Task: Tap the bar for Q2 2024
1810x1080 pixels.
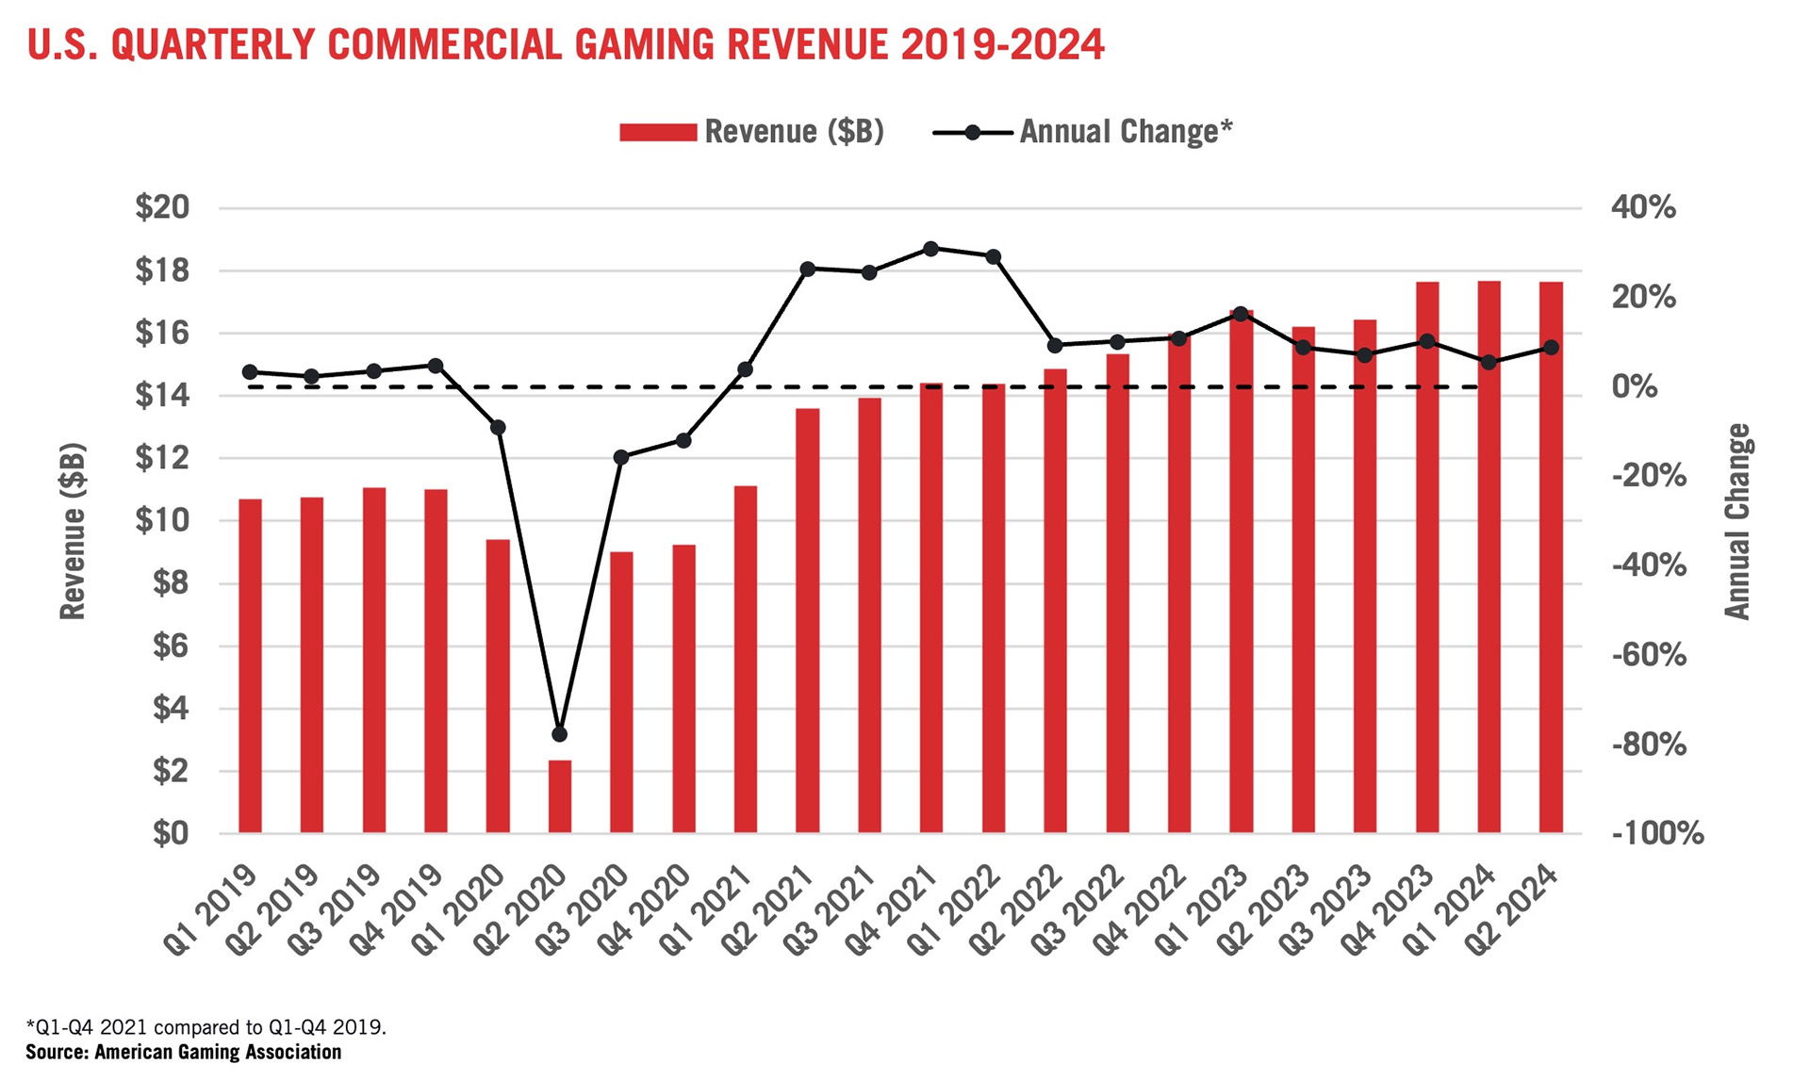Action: pos(1551,557)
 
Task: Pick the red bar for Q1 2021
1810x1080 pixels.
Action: pos(745,659)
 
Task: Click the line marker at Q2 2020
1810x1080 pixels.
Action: pos(559,734)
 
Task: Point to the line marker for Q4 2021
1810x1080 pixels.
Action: pos(930,249)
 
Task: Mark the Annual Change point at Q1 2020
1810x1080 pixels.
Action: pos(498,427)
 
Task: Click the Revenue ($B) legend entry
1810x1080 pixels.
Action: pos(751,132)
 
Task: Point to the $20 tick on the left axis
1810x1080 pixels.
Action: pos(162,207)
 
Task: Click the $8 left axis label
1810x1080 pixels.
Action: pos(170,583)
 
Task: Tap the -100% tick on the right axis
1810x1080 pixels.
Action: pos(1658,834)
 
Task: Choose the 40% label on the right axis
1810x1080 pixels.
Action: pos(1643,207)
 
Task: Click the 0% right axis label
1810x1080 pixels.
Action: pos(1634,386)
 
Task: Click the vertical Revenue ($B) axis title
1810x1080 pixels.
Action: pos(73,531)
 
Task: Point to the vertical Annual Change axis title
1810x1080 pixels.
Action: pos(1737,521)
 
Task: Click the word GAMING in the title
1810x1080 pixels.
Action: pos(643,44)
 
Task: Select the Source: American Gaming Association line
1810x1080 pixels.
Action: pos(183,1053)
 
